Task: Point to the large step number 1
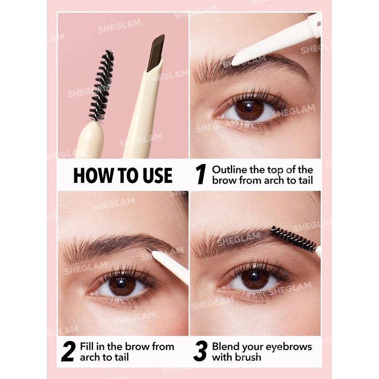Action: [201, 175]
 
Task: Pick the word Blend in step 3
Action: [225, 347]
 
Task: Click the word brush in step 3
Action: [248, 357]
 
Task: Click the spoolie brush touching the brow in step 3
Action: [292, 239]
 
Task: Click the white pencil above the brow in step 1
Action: [275, 40]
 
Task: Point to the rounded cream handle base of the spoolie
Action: [90, 140]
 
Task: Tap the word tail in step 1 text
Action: [305, 180]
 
